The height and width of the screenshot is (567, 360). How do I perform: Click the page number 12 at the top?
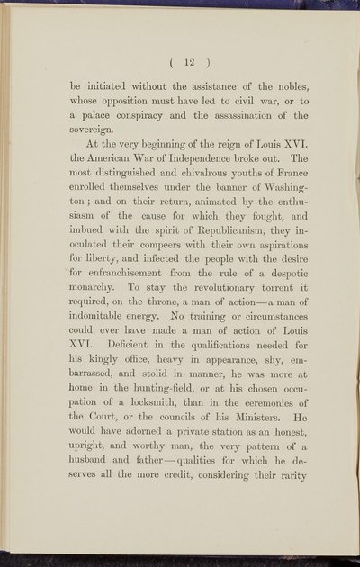tap(178, 62)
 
